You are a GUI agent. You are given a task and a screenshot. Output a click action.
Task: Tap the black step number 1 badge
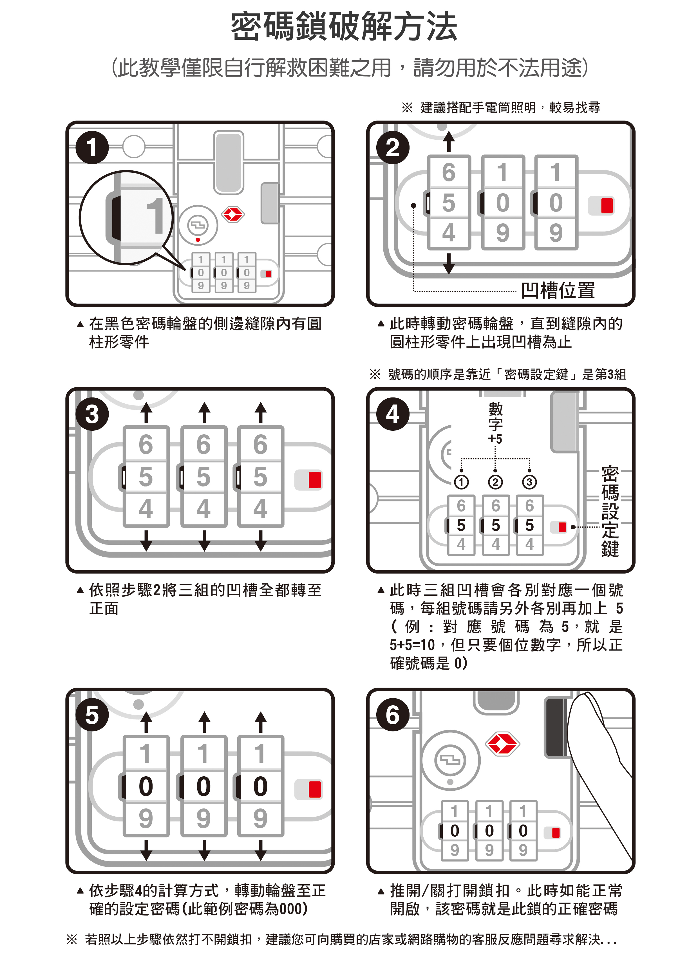click(x=92, y=148)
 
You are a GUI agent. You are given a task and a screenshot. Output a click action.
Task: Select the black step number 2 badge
click(x=393, y=148)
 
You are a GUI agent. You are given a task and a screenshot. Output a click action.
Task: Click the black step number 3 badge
click(x=92, y=414)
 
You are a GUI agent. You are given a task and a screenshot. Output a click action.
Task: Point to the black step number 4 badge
click(x=393, y=414)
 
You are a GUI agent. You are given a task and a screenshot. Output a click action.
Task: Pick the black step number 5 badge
click(x=92, y=715)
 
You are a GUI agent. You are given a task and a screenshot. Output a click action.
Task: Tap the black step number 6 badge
click(x=393, y=715)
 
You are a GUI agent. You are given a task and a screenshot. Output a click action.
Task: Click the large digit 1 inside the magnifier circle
click(x=155, y=215)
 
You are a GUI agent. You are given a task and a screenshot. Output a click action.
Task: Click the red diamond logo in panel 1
click(x=233, y=215)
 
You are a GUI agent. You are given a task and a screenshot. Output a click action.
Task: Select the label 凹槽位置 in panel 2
click(x=558, y=291)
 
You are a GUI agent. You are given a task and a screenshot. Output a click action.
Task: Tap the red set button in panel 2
click(x=607, y=205)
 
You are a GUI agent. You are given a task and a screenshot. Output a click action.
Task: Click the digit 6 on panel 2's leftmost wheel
click(x=449, y=172)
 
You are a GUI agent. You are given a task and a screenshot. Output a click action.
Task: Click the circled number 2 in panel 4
click(x=495, y=482)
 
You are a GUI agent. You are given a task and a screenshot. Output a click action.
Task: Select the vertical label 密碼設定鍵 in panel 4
click(x=610, y=511)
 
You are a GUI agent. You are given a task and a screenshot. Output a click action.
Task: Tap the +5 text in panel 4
click(x=495, y=439)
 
